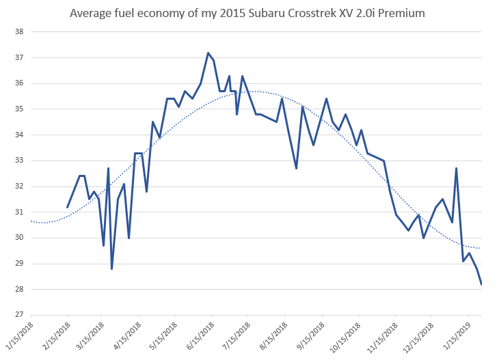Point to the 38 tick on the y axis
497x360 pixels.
tap(19, 31)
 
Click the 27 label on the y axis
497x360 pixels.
tap(19, 315)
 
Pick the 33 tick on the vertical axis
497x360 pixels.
tap(19, 161)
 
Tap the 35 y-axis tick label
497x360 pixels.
tap(19, 109)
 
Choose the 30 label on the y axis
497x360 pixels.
tap(19, 238)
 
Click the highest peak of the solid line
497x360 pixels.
tap(208, 53)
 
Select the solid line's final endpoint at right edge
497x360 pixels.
tap(481, 284)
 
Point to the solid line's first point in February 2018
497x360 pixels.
tap(67, 207)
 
